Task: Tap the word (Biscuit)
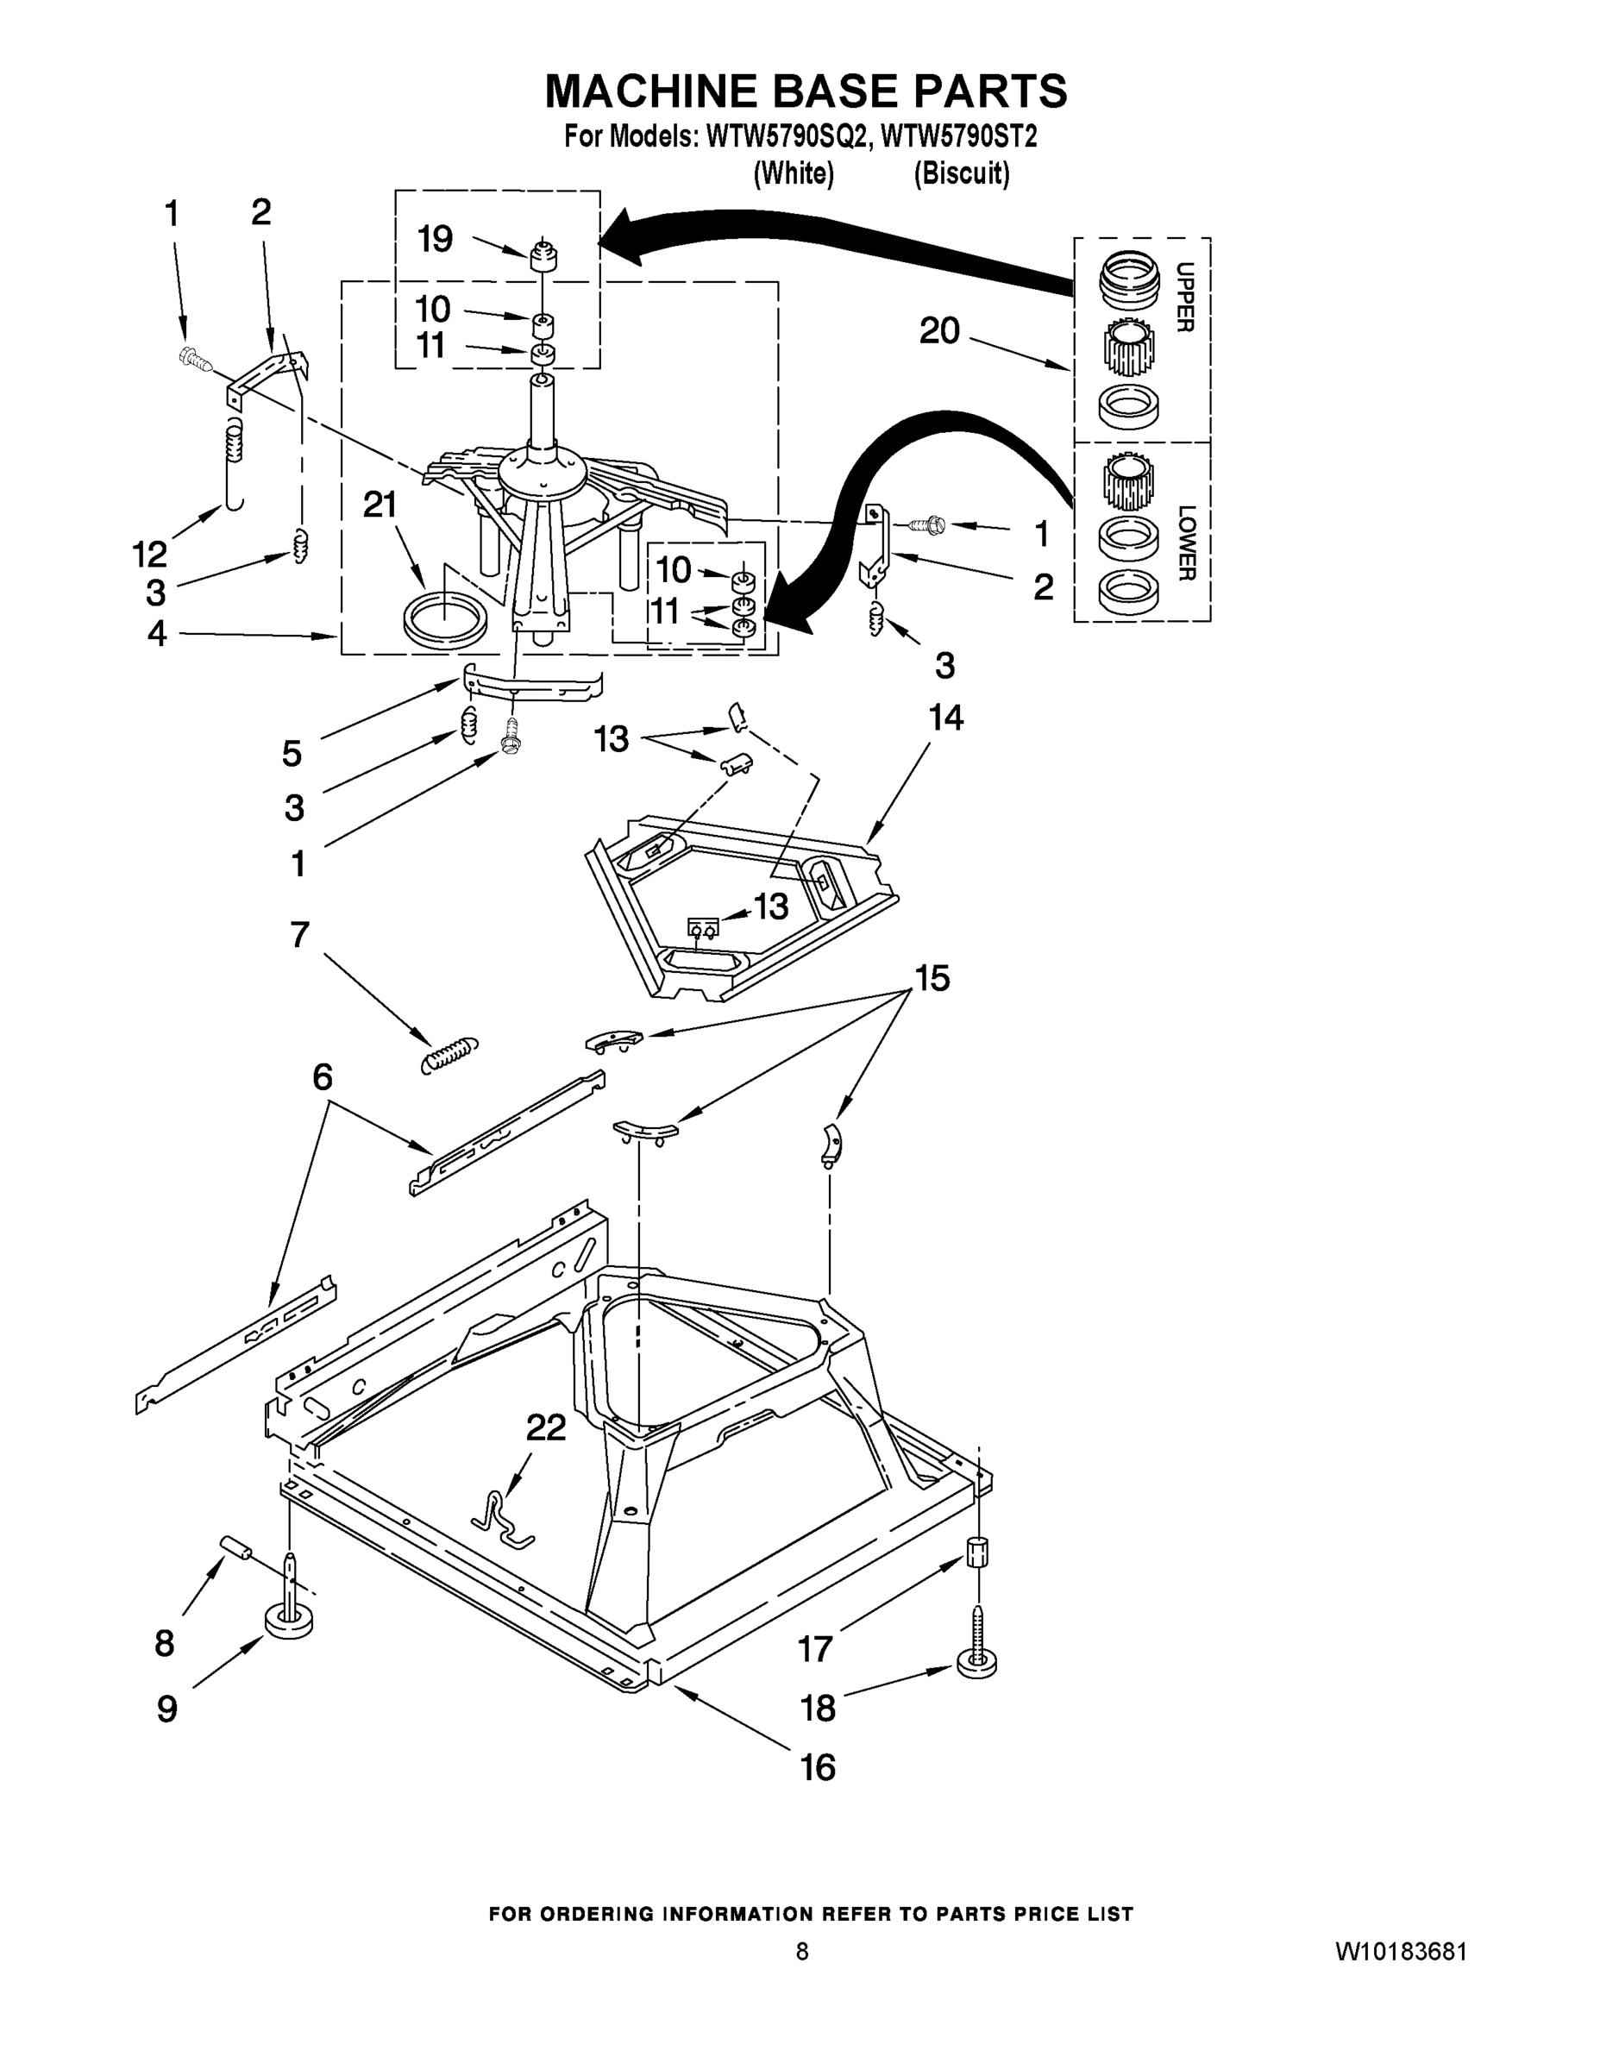[x=961, y=174]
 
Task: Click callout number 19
[x=435, y=239]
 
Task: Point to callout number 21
[x=380, y=505]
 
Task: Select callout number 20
[x=939, y=331]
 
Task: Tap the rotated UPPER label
[x=1184, y=297]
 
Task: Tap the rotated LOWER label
[x=1185, y=543]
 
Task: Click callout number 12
[x=150, y=553]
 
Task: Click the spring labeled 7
[x=449, y=1053]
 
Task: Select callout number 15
[x=932, y=978]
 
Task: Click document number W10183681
[x=1401, y=1952]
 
